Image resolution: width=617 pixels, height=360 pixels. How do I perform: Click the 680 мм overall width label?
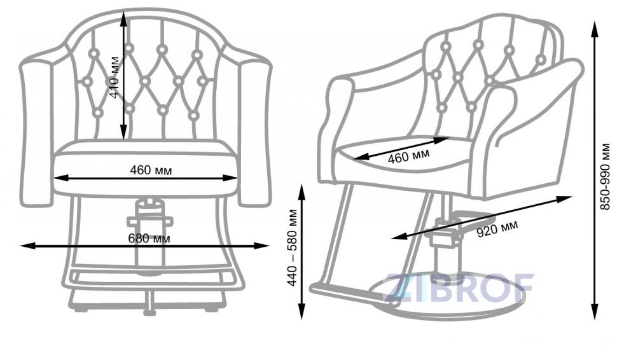tap(149, 239)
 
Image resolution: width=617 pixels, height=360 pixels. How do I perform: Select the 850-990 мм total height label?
tap(606, 176)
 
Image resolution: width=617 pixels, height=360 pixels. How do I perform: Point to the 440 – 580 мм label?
tap(293, 248)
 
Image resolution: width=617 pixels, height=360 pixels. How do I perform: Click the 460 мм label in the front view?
tap(151, 170)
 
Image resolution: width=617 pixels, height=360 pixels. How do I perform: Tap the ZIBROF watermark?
tap(459, 287)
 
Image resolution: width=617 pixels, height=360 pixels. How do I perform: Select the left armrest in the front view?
tap(36, 133)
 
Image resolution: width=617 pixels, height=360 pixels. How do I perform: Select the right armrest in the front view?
tap(255, 133)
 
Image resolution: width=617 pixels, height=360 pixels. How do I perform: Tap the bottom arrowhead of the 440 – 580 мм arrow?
tap(302, 311)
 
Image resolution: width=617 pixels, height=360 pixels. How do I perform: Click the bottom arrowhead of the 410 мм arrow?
tap(123, 132)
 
